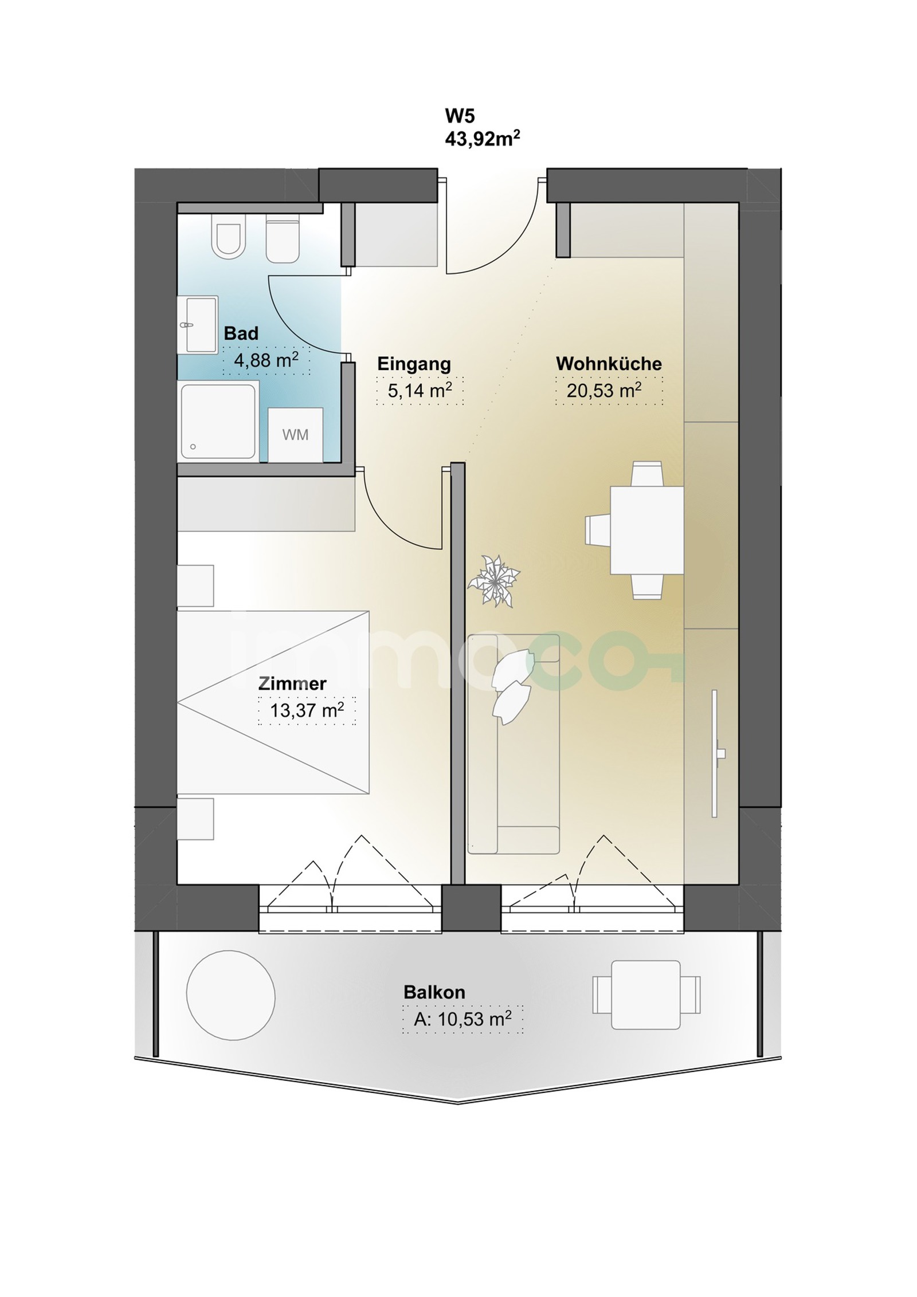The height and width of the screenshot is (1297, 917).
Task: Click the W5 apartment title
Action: click(460, 116)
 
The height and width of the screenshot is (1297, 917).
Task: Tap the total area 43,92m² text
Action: click(483, 139)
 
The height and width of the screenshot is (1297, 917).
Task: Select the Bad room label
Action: click(241, 333)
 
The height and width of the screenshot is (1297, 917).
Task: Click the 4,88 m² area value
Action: click(266, 360)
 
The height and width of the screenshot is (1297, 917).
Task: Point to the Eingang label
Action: click(414, 364)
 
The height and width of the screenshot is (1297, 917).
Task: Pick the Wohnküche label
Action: click(609, 363)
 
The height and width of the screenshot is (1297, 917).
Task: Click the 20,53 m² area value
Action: click(604, 391)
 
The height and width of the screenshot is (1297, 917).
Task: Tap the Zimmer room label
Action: click(292, 683)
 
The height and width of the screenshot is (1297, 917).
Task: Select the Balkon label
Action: click(434, 992)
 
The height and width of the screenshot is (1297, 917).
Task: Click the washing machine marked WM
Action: click(295, 435)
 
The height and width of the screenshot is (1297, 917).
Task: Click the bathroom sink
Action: click(198, 325)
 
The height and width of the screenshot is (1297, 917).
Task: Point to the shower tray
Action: click(218, 422)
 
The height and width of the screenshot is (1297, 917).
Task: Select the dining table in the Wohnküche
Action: click(646, 530)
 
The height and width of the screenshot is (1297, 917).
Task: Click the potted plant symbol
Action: click(493, 581)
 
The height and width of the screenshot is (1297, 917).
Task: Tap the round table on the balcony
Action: click(230, 995)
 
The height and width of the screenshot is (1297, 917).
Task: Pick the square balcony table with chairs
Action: click(646, 995)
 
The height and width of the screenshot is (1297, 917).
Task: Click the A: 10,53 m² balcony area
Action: click(463, 1019)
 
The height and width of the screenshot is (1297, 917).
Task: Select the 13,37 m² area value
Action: click(307, 710)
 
